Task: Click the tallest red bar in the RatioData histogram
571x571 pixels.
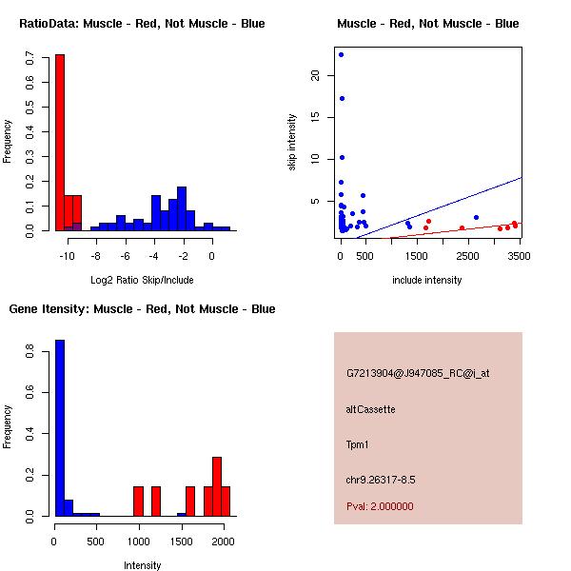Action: [60, 143]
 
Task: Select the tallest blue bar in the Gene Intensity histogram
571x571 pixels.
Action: [60, 428]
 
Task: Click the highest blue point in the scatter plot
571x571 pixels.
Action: [341, 54]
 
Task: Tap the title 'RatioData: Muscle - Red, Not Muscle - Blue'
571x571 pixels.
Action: [142, 24]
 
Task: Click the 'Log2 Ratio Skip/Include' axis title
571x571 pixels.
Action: [142, 280]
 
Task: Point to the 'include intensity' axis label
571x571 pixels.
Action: [427, 280]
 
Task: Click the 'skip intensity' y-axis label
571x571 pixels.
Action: [293, 143]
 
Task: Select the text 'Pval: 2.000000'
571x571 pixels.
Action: [380, 506]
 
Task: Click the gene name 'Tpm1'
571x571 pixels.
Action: [359, 444]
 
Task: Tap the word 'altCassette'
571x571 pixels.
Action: [370, 409]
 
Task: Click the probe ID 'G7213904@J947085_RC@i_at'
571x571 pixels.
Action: [418, 374]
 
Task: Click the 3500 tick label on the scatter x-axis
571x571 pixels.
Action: [516, 256]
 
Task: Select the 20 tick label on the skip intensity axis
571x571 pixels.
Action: [316, 76]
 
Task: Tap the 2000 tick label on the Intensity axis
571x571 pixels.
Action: [223, 541]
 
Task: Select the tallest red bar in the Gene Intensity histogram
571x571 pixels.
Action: [217, 486]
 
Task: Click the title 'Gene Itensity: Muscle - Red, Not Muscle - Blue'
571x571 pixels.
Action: [142, 309]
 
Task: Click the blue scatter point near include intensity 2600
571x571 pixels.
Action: [476, 217]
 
